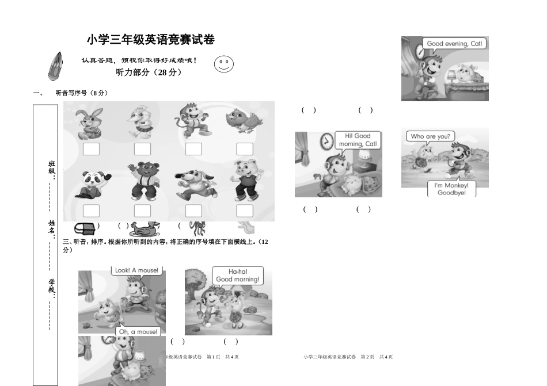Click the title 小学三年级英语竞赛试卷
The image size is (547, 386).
(151, 40)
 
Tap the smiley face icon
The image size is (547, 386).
(224, 64)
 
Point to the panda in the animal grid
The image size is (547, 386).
(89, 185)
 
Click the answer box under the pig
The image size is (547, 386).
(245, 211)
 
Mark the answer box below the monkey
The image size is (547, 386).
(193, 149)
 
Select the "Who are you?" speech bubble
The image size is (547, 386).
(430, 136)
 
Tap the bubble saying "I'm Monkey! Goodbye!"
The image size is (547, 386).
(451, 189)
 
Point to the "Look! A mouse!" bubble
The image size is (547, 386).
(136, 270)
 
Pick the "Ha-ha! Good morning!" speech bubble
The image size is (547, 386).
(237, 276)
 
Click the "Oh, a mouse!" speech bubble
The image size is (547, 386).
(138, 332)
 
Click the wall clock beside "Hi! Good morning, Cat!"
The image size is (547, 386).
(327, 140)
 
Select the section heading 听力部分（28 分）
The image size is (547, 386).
(149, 72)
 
